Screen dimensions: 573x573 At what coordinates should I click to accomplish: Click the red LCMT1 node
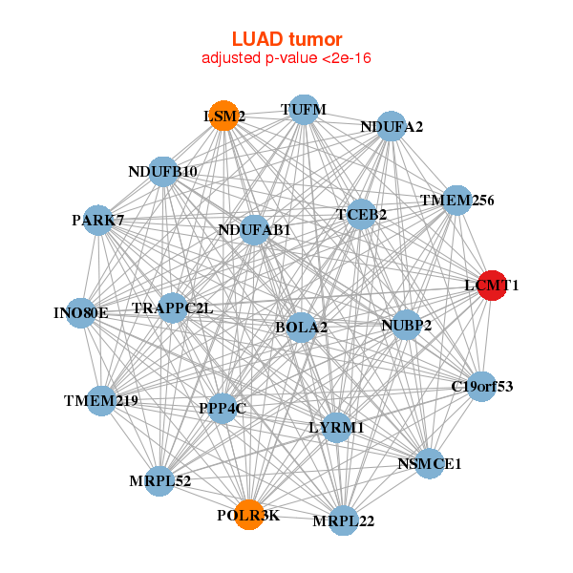click(x=491, y=286)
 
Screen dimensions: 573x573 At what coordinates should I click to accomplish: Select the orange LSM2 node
click(x=223, y=116)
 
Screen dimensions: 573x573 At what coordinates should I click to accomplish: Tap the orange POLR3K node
click(x=249, y=514)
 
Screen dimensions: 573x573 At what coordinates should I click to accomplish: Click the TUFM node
click(x=303, y=110)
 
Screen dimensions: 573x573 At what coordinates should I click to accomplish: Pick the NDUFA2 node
click(x=391, y=126)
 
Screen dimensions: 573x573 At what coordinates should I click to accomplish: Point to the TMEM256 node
click(x=457, y=201)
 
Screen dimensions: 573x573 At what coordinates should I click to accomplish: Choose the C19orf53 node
click(x=481, y=387)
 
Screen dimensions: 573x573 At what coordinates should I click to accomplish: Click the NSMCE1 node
click(x=429, y=463)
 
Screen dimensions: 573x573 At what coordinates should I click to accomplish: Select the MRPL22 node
click(x=343, y=520)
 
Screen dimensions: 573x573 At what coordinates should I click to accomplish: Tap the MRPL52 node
click(x=161, y=480)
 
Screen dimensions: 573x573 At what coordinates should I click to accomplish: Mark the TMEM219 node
click(x=101, y=400)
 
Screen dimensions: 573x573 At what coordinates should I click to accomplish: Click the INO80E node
click(x=82, y=312)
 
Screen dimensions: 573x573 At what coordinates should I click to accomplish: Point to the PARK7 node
click(x=98, y=221)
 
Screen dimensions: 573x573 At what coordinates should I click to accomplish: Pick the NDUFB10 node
click(x=163, y=172)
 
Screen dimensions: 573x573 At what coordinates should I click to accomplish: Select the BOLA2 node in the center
click(x=301, y=327)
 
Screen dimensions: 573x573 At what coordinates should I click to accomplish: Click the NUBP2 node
click(x=406, y=325)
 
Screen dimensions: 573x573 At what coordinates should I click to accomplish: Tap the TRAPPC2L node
click(x=173, y=308)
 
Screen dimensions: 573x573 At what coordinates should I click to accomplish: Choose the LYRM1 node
click(x=335, y=427)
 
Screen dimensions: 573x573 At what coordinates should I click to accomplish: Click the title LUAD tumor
click(x=286, y=39)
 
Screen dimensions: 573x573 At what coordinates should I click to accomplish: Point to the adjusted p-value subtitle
click(x=286, y=58)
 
